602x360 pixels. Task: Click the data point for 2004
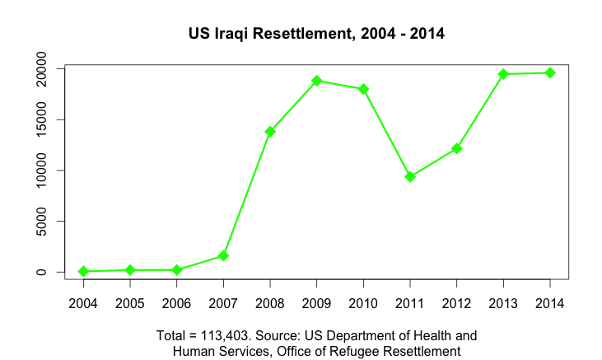(83, 271)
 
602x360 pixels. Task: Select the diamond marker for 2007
(223, 256)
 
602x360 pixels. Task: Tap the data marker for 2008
(270, 132)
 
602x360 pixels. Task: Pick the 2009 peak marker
(317, 81)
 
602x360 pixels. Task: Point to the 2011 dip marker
(410, 176)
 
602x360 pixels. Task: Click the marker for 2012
(457, 148)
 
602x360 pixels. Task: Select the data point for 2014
(550, 73)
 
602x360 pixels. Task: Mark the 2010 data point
(363, 89)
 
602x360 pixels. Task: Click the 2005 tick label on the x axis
(130, 302)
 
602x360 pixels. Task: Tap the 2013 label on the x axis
(503, 302)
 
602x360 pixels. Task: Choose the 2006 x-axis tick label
(176, 302)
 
